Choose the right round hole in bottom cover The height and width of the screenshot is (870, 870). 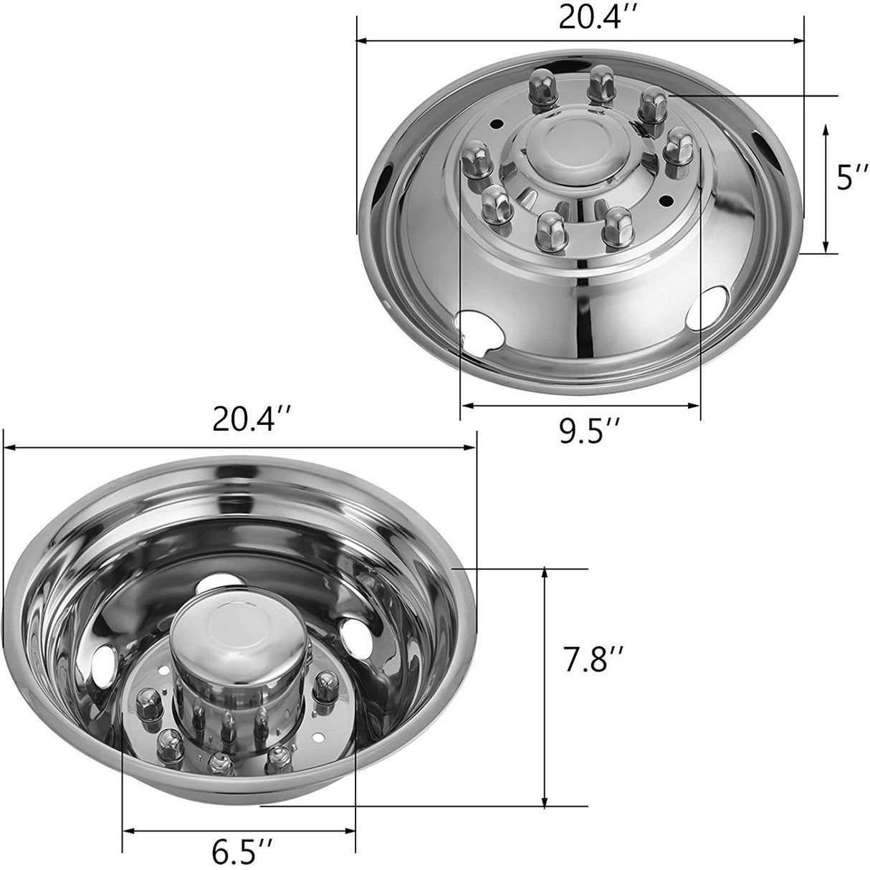(352, 634)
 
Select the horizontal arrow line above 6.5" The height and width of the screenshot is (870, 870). (239, 831)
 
